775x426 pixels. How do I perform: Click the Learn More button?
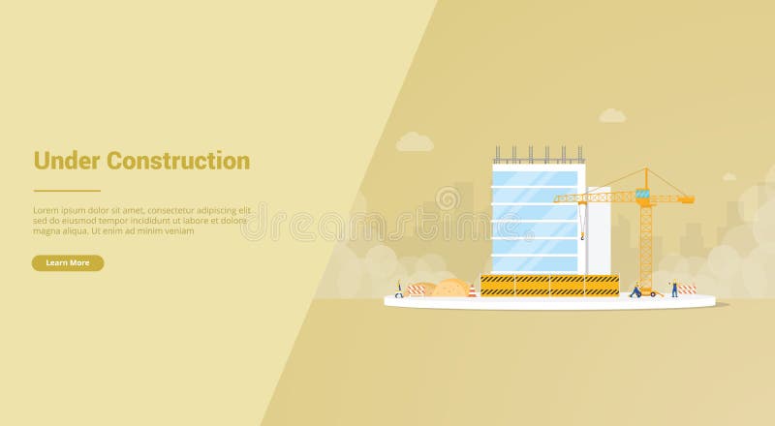click(67, 262)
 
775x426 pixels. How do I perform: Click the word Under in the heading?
click(67, 161)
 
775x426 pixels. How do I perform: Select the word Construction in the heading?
click(178, 161)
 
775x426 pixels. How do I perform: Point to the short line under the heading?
click(67, 191)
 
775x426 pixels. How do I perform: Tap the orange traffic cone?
click(472, 289)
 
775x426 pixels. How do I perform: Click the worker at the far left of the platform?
click(398, 289)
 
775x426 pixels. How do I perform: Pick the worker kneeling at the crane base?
click(635, 289)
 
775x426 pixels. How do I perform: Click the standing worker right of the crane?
click(674, 289)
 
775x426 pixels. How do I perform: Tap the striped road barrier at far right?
click(687, 289)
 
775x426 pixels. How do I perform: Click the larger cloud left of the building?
click(415, 142)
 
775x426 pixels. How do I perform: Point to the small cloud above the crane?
click(611, 116)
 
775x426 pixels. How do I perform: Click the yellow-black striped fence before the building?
click(549, 285)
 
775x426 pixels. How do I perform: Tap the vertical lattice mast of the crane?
click(645, 242)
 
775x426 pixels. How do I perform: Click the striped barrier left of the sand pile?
click(417, 289)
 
